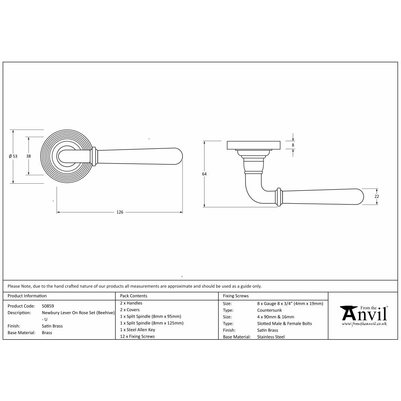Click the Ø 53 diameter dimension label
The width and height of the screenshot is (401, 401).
pyautogui.click(x=13, y=156)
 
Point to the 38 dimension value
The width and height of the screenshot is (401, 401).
pyautogui.click(x=28, y=156)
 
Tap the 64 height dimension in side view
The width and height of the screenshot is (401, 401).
pyautogui.click(x=204, y=174)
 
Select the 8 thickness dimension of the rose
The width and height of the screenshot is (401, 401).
pyautogui.click(x=293, y=145)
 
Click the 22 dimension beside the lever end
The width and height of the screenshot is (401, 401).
pyautogui.click(x=377, y=196)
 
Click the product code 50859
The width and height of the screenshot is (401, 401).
pyautogui.click(x=48, y=305)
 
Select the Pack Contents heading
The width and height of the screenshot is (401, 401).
pyautogui.click(x=134, y=296)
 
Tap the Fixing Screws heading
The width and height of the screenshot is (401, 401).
pyautogui.click(x=236, y=296)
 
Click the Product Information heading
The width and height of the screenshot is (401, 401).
pyautogui.click(x=27, y=296)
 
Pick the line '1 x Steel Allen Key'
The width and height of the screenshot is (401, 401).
pyautogui.click(x=138, y=330)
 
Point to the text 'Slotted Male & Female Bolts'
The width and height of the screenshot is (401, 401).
pyautogui.click(x=284, y=323)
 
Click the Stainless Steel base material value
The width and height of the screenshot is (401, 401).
pyautogui.click(x=271, y=337)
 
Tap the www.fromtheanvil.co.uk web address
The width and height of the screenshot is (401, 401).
pyautogui.click(x=364, y=324)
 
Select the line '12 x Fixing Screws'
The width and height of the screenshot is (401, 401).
pyautogui.click(x=137, y=336)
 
